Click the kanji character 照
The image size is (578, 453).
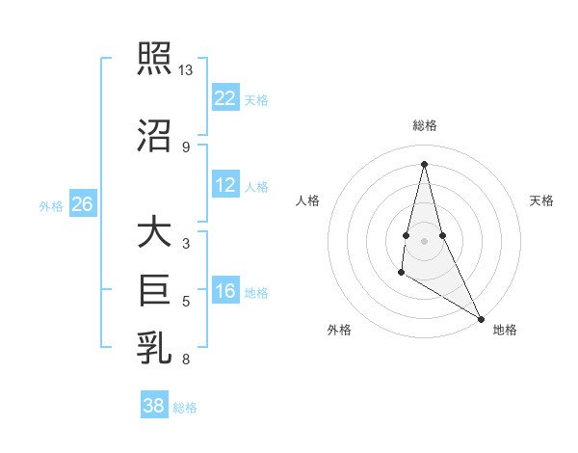pos(154,60)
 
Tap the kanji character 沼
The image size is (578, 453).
pos(154,134)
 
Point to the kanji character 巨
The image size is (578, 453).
pos(154,288)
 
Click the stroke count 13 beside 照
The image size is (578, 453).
pos(186,70)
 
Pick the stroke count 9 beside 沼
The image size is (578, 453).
pos(186,147)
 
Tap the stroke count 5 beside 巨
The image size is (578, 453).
pos(186,302)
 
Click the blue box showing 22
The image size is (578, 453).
pos(224,98)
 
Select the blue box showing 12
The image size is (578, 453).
pos(224,185)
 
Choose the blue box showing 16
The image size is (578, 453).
pos(224,291)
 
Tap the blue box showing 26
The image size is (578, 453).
pos(82,204)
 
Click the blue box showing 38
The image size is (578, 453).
pos(153,406)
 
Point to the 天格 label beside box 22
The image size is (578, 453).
pos(256,100)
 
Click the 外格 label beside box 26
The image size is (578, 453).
pos(51,205)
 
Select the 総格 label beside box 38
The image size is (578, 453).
pos(185,408)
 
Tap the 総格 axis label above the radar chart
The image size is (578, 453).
pos(424,125)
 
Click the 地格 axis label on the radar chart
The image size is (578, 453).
pos(505,330)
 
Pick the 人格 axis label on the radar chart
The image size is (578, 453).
pos(308,200)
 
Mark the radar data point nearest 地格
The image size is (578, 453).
pos(481,319)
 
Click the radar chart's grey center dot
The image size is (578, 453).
pos(424,240)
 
